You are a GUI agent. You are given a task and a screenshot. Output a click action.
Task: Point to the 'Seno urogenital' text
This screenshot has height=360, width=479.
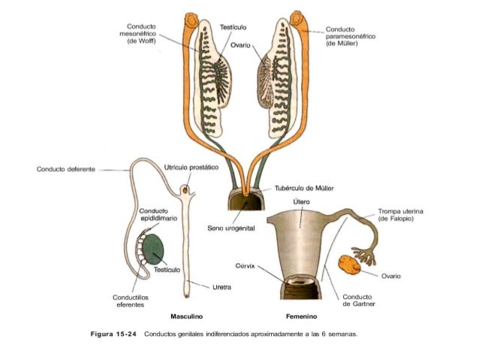[229, 229]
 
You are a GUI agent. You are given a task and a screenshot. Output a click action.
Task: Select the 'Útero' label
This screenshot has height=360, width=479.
[300, 201]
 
